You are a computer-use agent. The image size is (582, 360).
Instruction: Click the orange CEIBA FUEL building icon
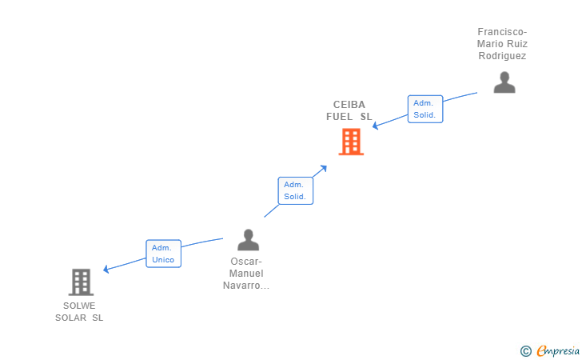point(351,142)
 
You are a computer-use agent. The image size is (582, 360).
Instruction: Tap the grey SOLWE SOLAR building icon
point(81,282)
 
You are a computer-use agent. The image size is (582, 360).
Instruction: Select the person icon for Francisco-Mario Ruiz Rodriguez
point(504,82)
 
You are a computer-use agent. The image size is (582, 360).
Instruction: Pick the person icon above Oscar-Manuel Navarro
point(248,240)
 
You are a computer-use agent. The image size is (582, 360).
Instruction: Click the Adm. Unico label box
point(163,254)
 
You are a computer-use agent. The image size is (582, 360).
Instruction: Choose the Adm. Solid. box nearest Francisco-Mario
point(425,109)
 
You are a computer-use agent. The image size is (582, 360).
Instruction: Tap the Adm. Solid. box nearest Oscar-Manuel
point(295,190)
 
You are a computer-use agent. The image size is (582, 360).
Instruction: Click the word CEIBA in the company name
point(349,105)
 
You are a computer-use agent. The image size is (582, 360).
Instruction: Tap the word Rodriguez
point(502,56)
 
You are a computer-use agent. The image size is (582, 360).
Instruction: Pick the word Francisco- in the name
point(502,32)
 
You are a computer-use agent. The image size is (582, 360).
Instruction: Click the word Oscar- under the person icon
point(246,262)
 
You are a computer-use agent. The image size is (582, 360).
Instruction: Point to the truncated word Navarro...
point(246,286)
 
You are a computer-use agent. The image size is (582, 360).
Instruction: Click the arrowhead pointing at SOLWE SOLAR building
point(106,270)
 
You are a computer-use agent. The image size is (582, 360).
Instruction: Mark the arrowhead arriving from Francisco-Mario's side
point(376,126)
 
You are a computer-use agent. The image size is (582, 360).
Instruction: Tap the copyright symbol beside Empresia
point(525,350)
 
